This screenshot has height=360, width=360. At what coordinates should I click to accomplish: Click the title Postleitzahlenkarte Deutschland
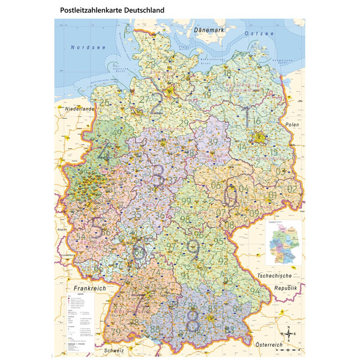(x=112, y=10)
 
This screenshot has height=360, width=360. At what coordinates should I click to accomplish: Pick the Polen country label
(x=292, y=124)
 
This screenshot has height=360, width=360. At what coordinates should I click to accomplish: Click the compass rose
(x=289, y=332)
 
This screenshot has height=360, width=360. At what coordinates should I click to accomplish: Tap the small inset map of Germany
(x=284, y=244)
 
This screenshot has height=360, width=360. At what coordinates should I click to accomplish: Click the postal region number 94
(x=256, y=290)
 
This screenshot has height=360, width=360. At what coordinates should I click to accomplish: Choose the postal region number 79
(x=116, y=331)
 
